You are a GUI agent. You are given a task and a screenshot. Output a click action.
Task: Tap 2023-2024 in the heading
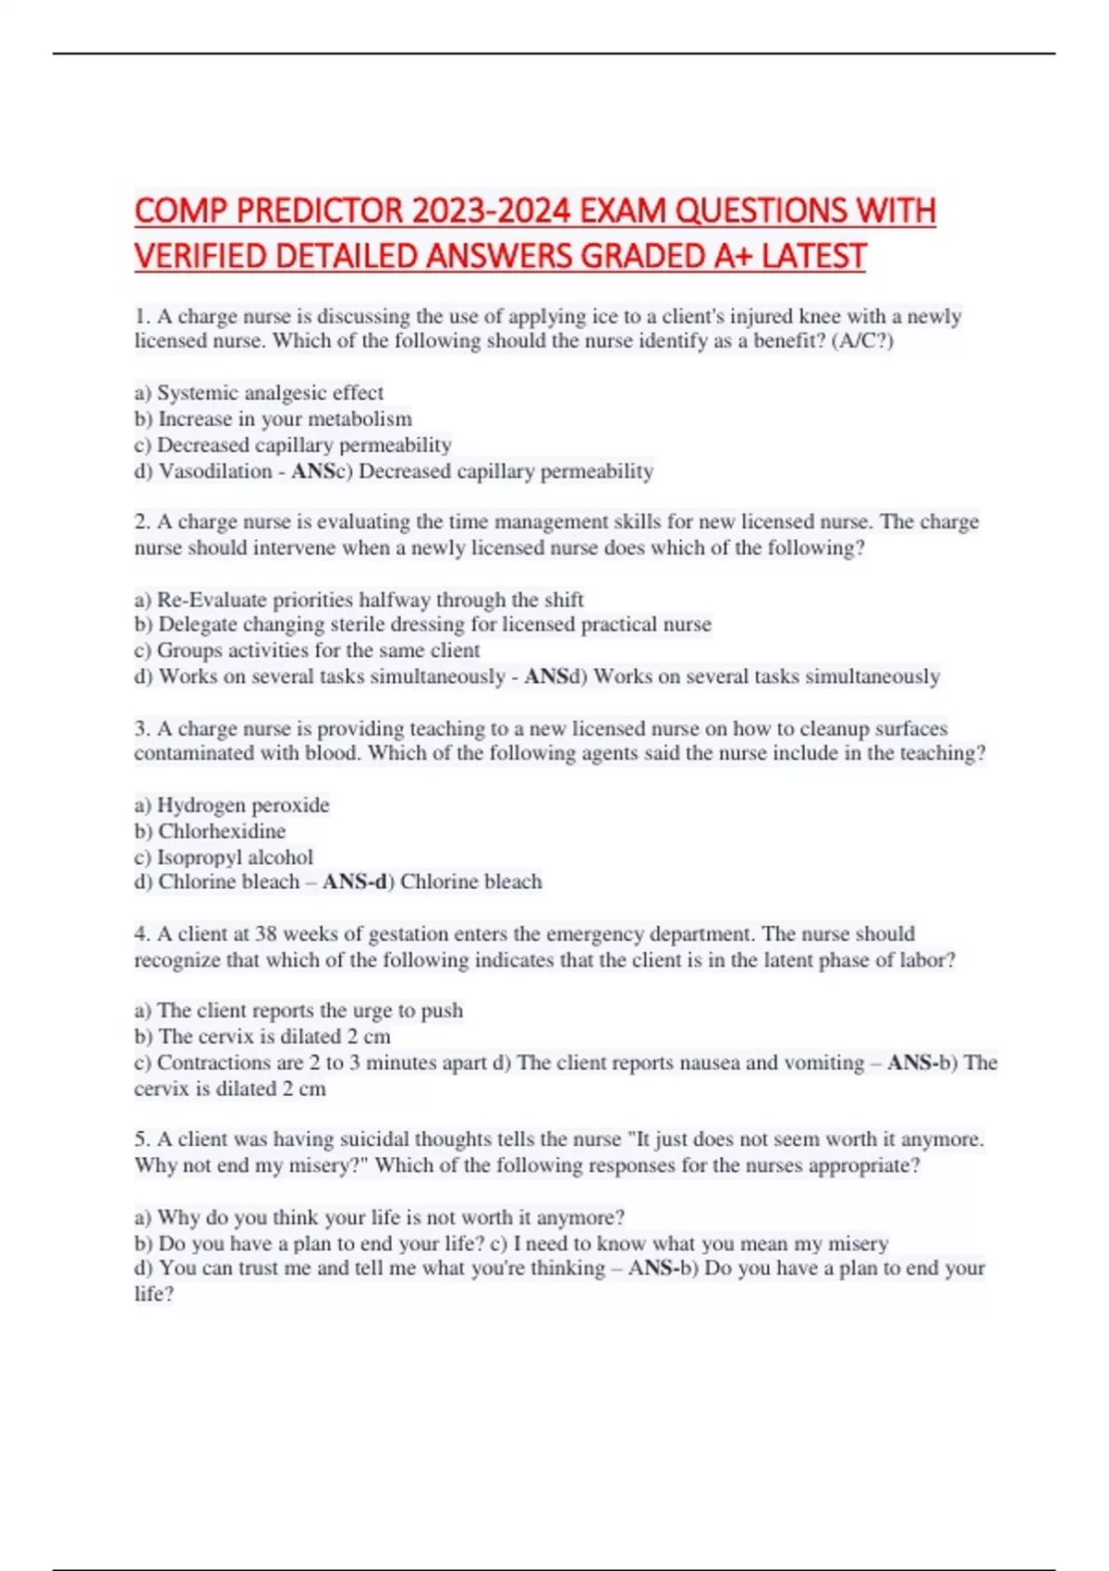coord(491,212)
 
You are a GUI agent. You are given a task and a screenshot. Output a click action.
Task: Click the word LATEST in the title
coord(813,256)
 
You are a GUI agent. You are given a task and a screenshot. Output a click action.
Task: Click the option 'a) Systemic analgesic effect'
coord(259,393)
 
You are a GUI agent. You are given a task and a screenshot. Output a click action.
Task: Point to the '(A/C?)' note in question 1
coord(862,341)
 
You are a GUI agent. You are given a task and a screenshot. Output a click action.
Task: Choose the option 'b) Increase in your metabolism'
coord(273,419)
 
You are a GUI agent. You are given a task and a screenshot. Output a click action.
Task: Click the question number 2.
coord(141,522)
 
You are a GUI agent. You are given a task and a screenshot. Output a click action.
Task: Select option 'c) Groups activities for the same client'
coord(307,651)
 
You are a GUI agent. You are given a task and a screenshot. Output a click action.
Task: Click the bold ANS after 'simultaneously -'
coord(546,676)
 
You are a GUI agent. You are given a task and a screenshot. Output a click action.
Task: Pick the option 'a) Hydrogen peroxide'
coord(232,805)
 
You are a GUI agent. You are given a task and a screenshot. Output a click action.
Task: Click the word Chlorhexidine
coord(222,831)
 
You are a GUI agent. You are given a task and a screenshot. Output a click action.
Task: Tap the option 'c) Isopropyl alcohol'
coord(224,857)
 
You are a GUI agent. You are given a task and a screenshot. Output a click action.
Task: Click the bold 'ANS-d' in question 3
coord(354,882)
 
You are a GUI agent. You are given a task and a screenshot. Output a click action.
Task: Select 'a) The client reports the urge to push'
coord(299,1010)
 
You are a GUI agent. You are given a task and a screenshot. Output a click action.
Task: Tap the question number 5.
coord(141,1139)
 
